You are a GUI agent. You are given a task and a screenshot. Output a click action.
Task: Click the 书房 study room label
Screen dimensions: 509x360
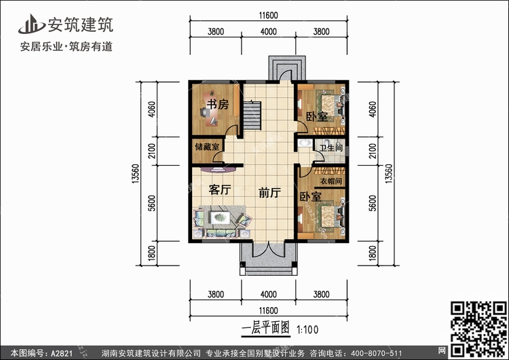pyautogui.click(x=218, y=105)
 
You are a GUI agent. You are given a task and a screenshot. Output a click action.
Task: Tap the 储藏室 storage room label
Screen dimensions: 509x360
pyautogui.click(x=207, y=147)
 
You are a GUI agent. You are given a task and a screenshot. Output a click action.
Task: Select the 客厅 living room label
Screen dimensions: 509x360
pyautogui.click(x=220, y=190)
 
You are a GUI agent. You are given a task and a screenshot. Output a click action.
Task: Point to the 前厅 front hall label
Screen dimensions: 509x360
pyautogui.click(x=269, y=193)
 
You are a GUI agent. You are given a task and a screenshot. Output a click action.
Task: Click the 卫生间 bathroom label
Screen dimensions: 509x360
pyautogui.click(x=331, y=148)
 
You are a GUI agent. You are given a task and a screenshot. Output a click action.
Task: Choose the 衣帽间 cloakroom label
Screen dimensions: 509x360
pyautogui.click(x=331, y=181)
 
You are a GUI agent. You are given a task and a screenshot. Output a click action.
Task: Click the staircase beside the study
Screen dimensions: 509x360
pyautogui.click(x=252, y=115)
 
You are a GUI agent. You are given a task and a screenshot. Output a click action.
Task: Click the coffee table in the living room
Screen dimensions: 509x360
pyautogui.click(x=220, y=217)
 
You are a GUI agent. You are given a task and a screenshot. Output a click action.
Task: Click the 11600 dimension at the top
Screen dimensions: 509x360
pyautogui.click(x=269, y=15)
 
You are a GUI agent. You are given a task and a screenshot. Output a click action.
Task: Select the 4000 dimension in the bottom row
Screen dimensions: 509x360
pyautogui.click(x=269, y=294)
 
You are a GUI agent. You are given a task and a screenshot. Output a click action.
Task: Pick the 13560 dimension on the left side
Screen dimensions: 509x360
pyautogui.click(x=135, y=174)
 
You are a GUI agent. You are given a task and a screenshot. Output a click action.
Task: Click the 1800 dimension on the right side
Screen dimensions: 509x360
pyautogui.click(x=373, y=253)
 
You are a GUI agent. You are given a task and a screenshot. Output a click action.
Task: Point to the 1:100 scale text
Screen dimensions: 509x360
pyautogui.click(x=307, y=330)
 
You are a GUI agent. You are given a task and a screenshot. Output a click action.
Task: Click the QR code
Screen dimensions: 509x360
pyautogui.click(x=478, y=329)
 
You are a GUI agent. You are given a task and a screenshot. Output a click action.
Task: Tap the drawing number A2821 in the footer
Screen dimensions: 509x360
pyautogui.click(x=62, y=353)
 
